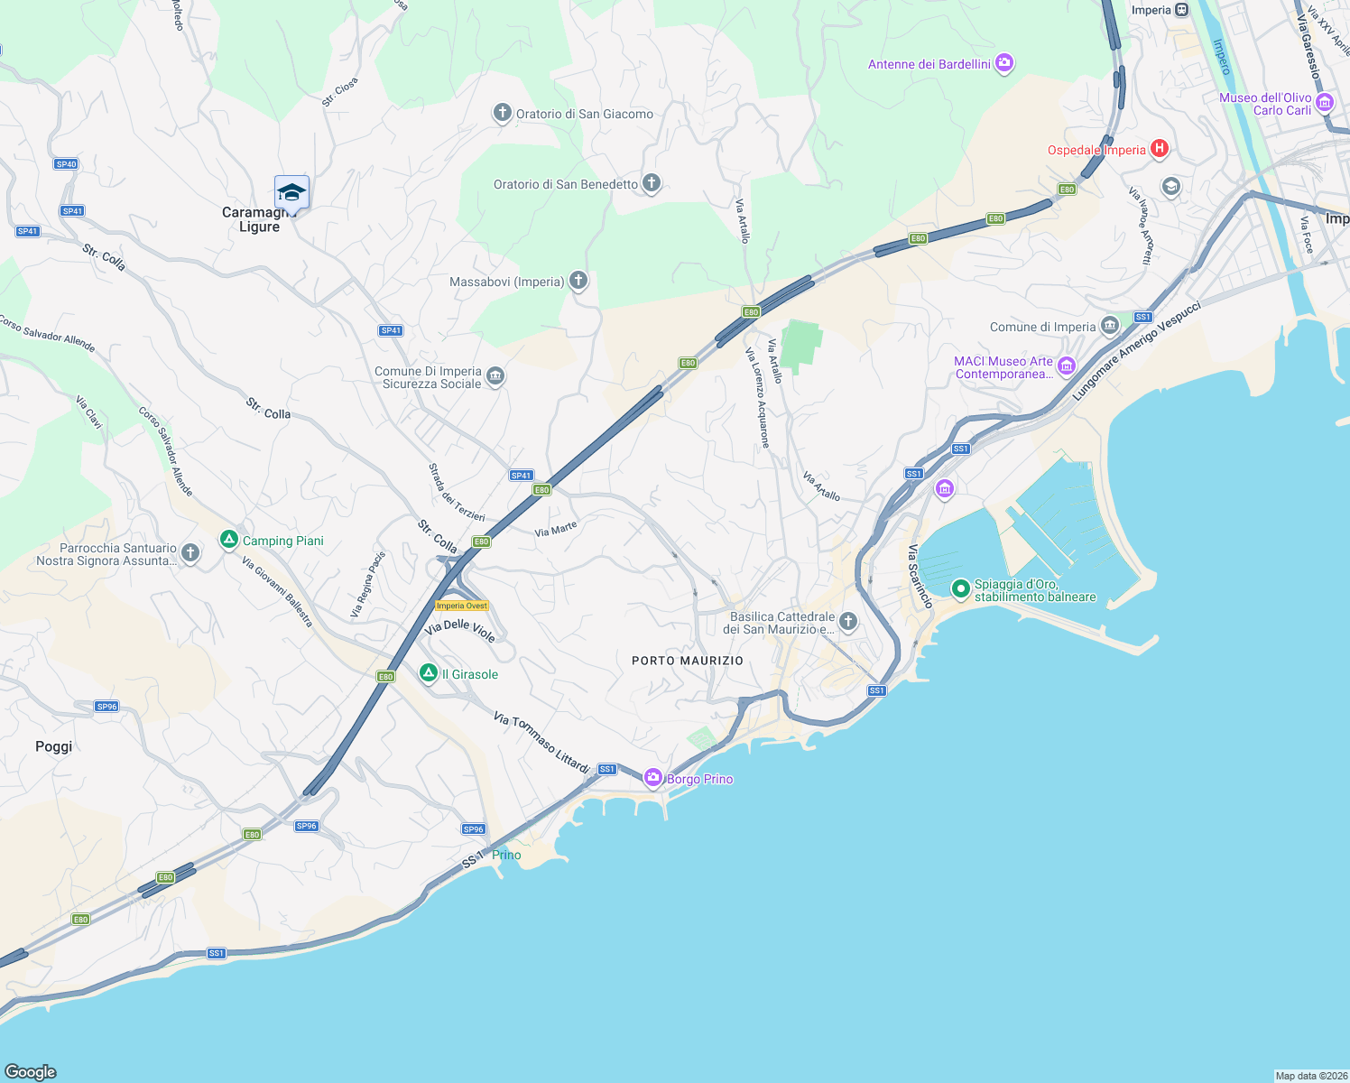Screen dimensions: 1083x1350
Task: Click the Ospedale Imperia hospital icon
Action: [x=1160, y=149]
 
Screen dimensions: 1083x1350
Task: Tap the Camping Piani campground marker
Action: [x=229, y=540]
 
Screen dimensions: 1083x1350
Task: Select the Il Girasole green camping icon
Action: [x=430, y=673]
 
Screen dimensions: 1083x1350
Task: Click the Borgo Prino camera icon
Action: [x=653, y=778]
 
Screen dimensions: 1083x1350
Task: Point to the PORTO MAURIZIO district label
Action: [x=688, y=661]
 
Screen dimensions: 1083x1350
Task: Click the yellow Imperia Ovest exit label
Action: [x=462, y=606]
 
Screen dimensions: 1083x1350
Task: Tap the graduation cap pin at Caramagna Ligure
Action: [x=291, y=192]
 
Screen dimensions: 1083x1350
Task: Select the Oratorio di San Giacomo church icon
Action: [x=503, y=113]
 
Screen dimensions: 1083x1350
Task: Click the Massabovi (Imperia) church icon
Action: [x=578, y=281]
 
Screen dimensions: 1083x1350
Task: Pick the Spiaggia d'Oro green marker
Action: [x=961, y=589]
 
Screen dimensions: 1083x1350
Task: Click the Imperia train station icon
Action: [x=1182, y=10]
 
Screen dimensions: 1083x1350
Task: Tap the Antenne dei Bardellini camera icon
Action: [x=1004, y=63]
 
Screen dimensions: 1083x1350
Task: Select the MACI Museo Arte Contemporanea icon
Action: [x=1067, y=366]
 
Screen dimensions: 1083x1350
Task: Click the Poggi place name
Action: [x=53, y=746]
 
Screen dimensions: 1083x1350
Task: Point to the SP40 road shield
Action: [x=66, y=164]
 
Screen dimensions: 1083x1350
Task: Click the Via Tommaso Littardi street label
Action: [x=541, y=742]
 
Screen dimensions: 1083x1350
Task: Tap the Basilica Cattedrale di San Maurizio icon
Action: [x=847, y=621]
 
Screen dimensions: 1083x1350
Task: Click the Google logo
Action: [x=31, y=1071]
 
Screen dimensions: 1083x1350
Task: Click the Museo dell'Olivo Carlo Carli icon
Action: [x=1325, y=103]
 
